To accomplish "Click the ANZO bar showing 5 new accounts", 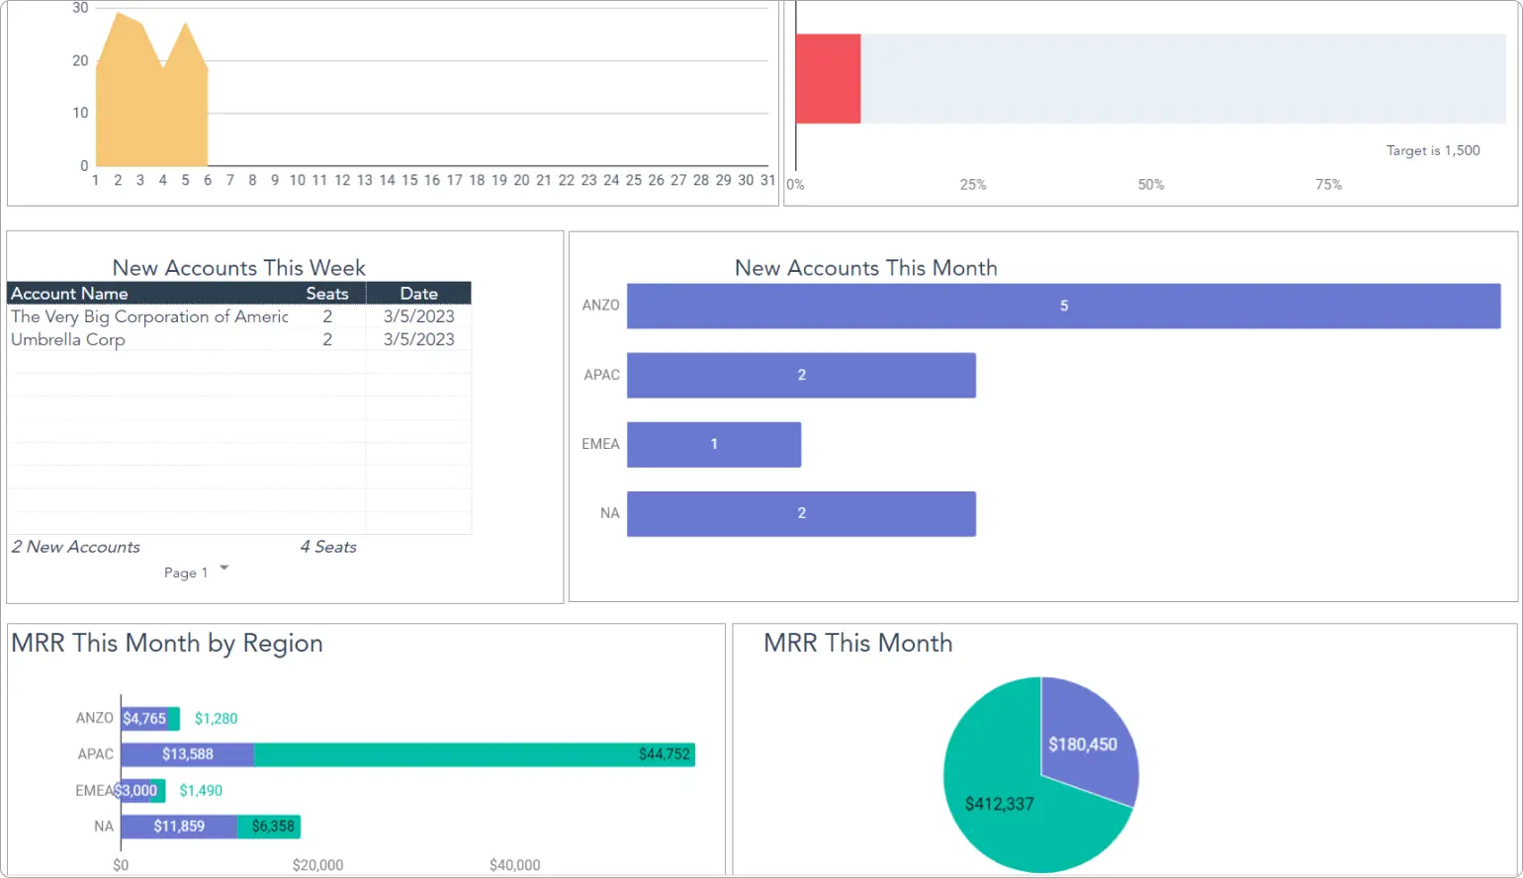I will click(x=1063, y=306).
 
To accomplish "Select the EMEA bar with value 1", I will click(x=713, y=444).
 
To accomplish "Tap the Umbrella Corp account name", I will click(x=68, y=339).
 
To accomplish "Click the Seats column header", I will click(x=326, y=294).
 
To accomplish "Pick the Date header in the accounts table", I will click(x=418, y=294).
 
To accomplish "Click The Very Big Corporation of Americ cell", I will click(x=149, y=316).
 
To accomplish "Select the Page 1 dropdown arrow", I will click(x=224, y=568).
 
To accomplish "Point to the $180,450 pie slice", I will click(x=1084, y=744).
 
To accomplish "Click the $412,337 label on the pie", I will click(x=999, y=804).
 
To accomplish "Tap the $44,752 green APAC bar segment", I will click(x=475, y=754).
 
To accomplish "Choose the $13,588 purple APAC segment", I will click(x=187, y=754).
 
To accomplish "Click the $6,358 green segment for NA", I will click(x=270, y=827).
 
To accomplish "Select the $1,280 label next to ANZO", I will click(x=216, y=719).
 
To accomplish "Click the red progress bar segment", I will click(x=828, y=79).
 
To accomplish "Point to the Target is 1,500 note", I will click(x=1432, y=150).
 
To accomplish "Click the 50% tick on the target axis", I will click(x=1150, y=185).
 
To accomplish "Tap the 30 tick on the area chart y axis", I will click(x=80, y=8).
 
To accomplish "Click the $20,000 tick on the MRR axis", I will click(x=317, y=865).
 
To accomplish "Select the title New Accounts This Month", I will click(x=865, y=268).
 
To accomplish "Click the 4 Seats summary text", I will click(x=327, y=547).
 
